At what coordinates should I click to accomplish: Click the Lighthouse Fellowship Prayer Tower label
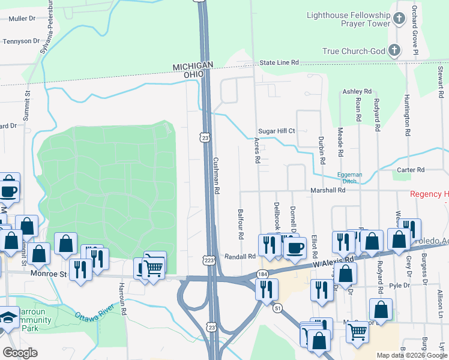click(348, 19)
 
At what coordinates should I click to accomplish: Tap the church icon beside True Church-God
click(394, 50)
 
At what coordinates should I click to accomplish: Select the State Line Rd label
click(279, 63)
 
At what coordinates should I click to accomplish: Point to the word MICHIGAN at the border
click(193, 65)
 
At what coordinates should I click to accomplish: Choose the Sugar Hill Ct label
click(276, 131)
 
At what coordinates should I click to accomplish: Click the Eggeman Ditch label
click(346, 178)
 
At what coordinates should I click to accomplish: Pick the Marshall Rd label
click(328, 190)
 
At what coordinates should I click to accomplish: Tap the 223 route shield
click(208, 260)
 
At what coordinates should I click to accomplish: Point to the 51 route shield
click(277, 308)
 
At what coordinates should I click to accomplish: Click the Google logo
click(20, 353)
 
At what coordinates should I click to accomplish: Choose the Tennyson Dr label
click(21, 41)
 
